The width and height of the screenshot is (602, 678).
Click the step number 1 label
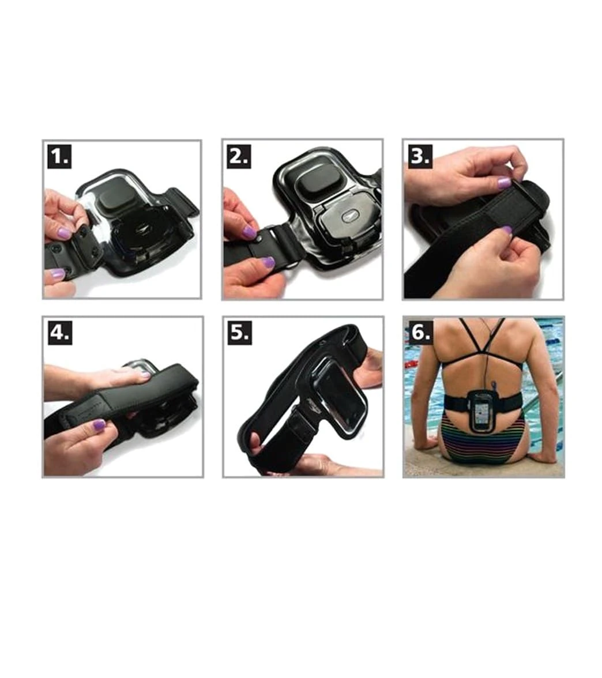tap(59, 156)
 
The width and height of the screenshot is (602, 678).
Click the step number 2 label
tap(239, 156)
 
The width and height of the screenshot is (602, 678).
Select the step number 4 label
tap(60, 333)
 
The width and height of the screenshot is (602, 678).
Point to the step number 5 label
tap(240, 333)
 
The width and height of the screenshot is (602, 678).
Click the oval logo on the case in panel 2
tap(348, 216)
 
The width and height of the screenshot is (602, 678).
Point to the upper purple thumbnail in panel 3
tap(504, 183)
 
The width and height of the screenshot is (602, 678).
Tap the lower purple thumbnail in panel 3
tap(506, 231)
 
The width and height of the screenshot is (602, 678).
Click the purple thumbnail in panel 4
tap(99, 425)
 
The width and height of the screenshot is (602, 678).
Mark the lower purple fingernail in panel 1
tap(58, 274)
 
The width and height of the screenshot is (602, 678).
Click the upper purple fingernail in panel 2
tap(249, 233)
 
